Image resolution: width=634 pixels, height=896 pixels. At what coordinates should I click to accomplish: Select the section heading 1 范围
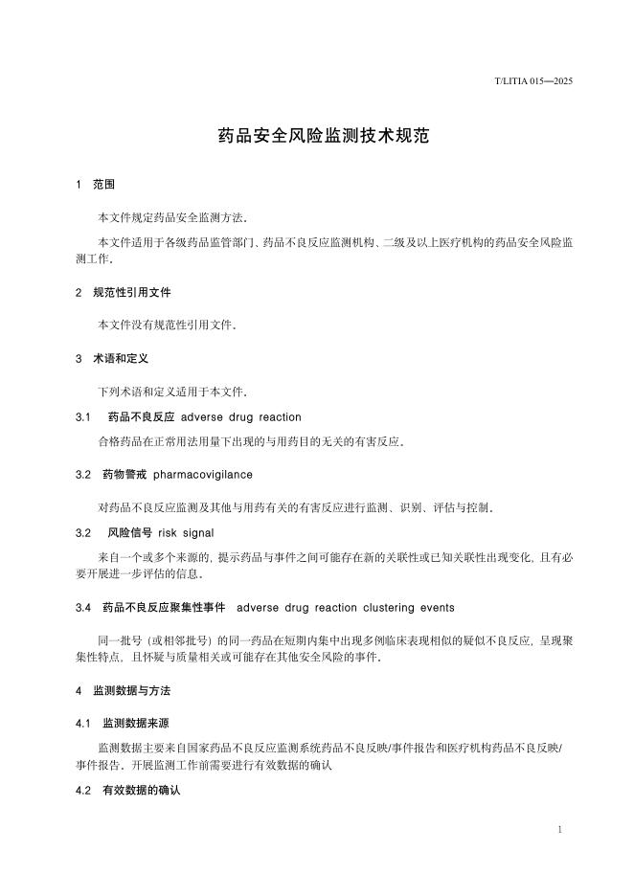(96, 184)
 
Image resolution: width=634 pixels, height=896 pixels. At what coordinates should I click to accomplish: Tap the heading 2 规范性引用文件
(124, 292)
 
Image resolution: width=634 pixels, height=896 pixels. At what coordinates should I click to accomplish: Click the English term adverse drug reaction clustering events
(345, 608)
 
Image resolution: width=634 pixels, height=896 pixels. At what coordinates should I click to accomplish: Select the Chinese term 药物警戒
(124, 474)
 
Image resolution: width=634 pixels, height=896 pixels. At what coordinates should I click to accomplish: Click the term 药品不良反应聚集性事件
(164, 608)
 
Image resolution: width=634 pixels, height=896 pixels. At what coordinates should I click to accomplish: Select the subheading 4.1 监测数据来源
(124, 723)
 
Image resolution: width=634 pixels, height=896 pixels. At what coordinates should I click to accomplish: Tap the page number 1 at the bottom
(559, 829)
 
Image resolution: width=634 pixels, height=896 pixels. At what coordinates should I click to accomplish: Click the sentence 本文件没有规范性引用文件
(167, 325)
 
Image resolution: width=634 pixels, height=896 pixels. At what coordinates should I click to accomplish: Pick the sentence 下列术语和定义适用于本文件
(172, 392)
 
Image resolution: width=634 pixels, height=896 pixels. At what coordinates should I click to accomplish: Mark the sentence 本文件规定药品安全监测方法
(172, 217)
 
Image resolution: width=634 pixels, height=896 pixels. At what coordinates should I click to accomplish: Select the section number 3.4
(82, 608)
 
